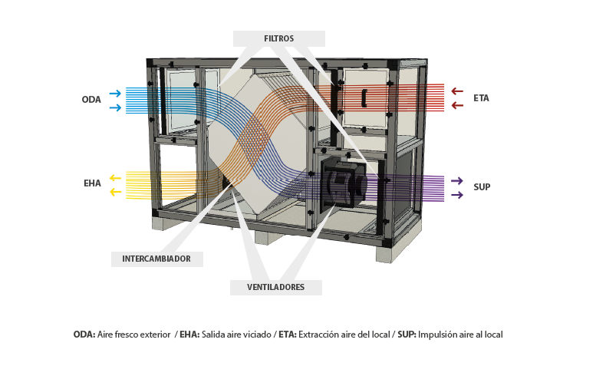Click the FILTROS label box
(x=278, y=38)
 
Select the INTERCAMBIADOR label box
(x=156, y=259)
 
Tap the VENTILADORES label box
(x=275, y=288)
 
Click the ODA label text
(x=91, y=100)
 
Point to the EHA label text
(x=92, y=184)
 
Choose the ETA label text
(x=481, y=98)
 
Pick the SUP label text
(x=482, y=187)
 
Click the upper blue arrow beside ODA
(x=115, y=94)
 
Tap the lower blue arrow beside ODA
(x=115, y=107)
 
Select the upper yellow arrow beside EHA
(x=115, y=178)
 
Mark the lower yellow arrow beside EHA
(x=115, y=192)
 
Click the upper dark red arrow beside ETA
(x=457, y=91)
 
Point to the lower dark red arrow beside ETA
(x=457, y=105)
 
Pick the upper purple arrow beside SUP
(x=456, y=180)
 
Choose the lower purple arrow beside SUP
(x=456, y=195)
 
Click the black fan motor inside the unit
(x=342, y=185)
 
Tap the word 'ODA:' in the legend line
(x=84, y=335)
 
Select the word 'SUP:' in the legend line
(x=407, y=335)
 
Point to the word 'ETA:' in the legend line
(x=288, y=335)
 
